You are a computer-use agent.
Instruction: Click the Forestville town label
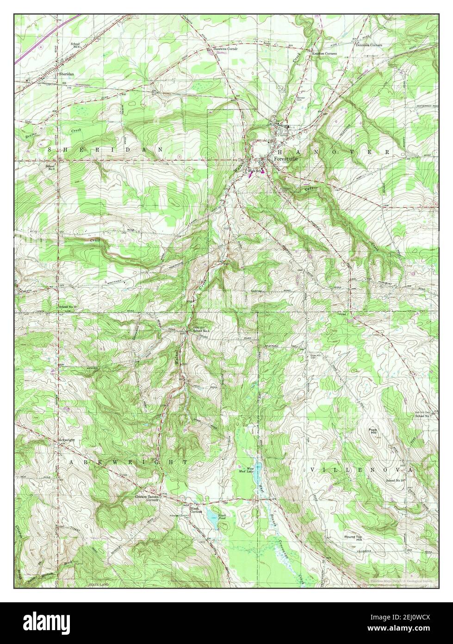coord(286,158)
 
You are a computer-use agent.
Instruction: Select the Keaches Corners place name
coord(324,54)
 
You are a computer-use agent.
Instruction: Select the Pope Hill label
coord(372,432)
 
